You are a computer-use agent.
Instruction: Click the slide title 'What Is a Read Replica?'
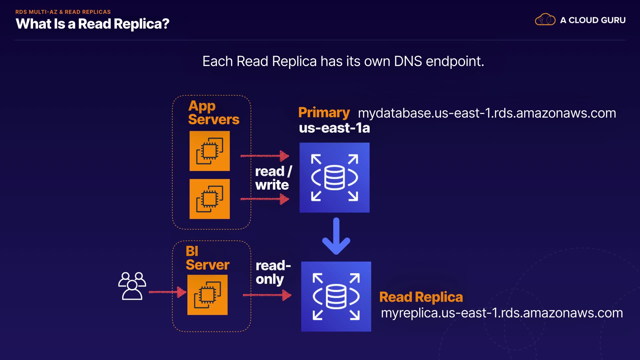coord(92,24)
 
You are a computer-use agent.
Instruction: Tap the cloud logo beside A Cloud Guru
coord(545,20)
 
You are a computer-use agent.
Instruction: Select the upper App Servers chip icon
coord(210,151)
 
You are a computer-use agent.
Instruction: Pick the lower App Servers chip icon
coord(210,199)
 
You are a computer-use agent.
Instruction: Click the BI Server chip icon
coord(207,295)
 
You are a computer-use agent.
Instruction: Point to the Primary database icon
coord(334,178)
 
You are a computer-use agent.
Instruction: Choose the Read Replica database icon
coord(336,297)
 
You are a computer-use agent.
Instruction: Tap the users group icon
coord(132,286)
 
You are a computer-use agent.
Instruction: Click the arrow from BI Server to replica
coord(267,295)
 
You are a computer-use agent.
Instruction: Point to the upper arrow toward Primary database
coord(265,156)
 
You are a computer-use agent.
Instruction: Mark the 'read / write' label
coord(273,178)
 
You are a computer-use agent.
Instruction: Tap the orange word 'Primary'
coord(324,113)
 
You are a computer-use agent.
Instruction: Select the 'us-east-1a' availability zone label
coord(334,128)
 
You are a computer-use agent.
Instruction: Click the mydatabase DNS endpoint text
coord(487,113)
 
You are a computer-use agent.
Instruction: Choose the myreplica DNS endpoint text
coord(502,313)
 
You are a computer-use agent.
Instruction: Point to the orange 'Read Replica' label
coord(421,297)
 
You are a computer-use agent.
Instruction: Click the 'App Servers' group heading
coord(214,113)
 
